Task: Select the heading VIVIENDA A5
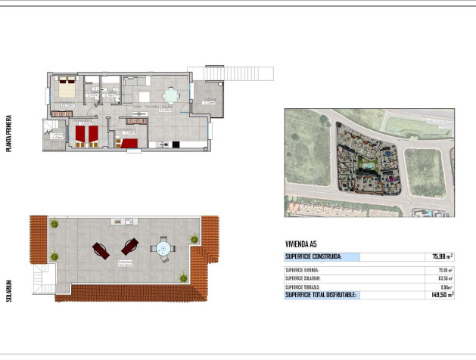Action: click(x=301, y=244)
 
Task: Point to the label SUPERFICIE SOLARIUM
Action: click(x=302, y=278)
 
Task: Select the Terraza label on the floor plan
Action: click(x=209, y=101)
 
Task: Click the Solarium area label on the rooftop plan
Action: click(x=125, y=264)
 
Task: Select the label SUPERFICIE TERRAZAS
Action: click(x=302, y=287)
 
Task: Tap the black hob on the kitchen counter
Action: click(x=176, y=144)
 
